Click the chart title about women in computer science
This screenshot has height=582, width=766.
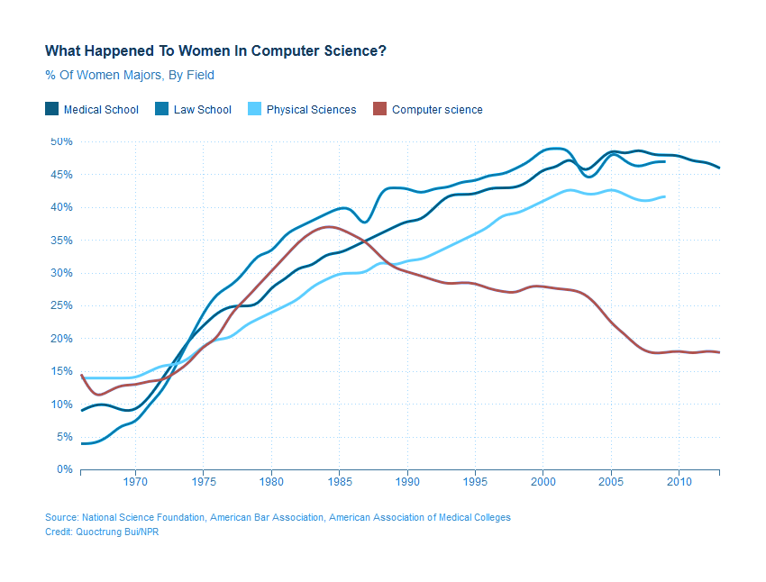pos(215,50)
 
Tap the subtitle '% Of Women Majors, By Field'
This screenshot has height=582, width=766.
pos(130,75)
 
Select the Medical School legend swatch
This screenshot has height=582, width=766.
pos(52,109)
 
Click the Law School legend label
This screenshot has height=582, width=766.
pos(203,110)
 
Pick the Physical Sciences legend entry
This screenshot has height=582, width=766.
pos(311,110)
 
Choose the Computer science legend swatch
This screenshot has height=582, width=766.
pos(379,109)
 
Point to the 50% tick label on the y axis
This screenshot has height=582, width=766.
pos(61,141)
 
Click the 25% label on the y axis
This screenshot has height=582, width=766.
pos(61,305)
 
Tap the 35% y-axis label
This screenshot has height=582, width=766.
pos(61,240)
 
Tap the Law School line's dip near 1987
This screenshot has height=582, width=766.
pos(364,222)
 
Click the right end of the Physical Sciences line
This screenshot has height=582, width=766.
pos(665,196)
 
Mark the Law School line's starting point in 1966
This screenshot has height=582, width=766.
pos(82,443)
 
